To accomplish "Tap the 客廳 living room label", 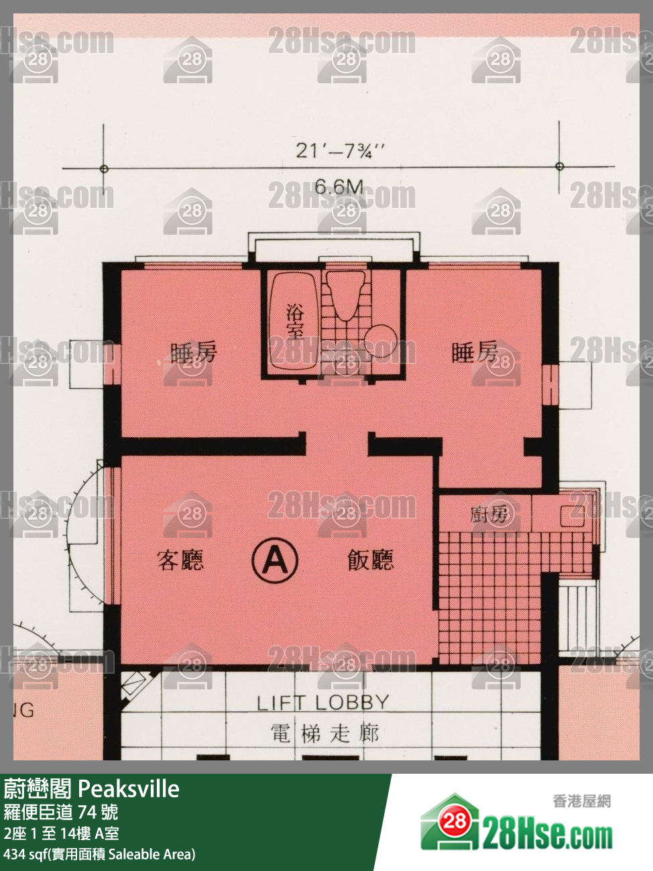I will (180, 560).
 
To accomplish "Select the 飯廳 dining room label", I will (370, 560).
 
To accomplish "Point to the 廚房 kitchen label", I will (489, 515).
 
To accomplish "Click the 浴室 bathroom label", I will (294, 321).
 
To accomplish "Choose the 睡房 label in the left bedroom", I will (194, 352).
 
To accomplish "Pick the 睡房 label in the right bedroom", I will (475, 352).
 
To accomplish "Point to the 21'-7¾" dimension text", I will (341, 150).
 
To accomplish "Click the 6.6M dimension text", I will (339, 187).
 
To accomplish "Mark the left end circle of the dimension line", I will (104, 168).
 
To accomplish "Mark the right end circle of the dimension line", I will (560, 166).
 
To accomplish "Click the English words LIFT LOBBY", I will (323, 703).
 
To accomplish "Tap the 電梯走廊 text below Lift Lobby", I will (325, 733).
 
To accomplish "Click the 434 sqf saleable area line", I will (99, 854).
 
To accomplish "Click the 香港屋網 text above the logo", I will (581, 801).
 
